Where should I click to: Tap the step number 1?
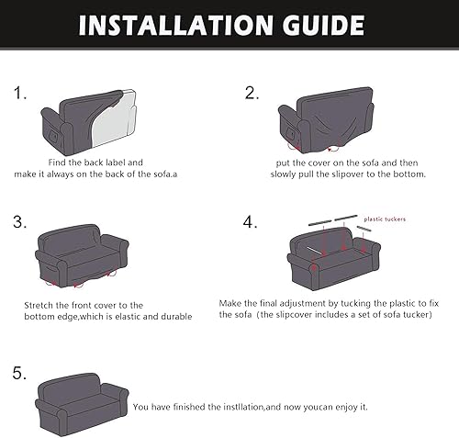tap(18, 94)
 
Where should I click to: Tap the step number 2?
tap(251, 94)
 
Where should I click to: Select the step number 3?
tap(18, 222)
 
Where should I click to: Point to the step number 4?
tap(251, 222)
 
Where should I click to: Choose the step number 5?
tap(18, 374)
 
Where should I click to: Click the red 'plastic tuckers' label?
tap(387, 219)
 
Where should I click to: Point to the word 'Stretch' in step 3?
tap(40, 305)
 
